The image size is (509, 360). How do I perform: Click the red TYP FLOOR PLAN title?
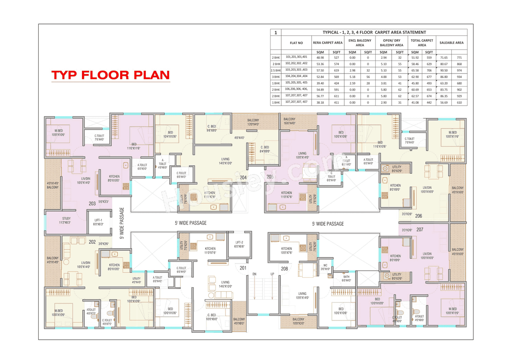pyautogui.click(x=111, y=75)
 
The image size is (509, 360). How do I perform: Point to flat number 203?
pyautogui.click(x=92, y=203)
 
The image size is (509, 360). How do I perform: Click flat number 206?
pyautogui.click(x=418, y=216)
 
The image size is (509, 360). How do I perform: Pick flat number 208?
pyautogui.click(x=284, y=269)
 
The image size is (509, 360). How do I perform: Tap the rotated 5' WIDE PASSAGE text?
pyautogui.click(x=122, y=223)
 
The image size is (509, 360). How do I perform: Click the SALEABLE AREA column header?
pyautogui.click(x=451, y=43)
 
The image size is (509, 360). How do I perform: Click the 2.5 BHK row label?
pyautogui.click(x=276, y=70)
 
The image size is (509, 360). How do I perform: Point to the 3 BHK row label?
pyautogui.click(x=276, y=76)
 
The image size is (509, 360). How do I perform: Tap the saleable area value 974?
pyautogui.click(x=459, y=70)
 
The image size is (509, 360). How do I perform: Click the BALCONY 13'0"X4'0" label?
pyautogui.click(x=253, y=122)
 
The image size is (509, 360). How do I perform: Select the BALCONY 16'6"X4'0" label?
pyautogui.click(x=289, y=121)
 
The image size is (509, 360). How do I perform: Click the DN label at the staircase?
pyautogui.click(x=254, y=274)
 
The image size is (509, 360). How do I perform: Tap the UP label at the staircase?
pyautogui.click(x=272, y=274)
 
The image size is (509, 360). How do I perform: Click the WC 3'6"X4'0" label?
pyautogui.click(x=325, y=267)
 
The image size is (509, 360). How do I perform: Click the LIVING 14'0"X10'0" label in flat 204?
pyautogui.click(x=225, y=161)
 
